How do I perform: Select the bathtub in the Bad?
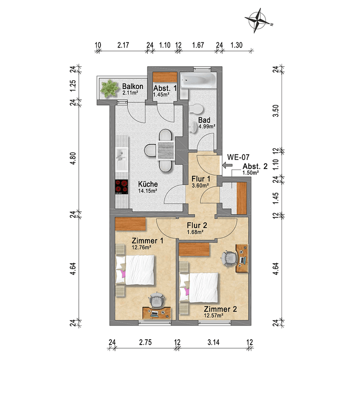point(198,80)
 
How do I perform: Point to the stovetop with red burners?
point(121,188)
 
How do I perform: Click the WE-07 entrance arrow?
point(226,166)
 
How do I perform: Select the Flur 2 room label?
point(197,225)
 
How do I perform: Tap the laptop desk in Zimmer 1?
point(157,313)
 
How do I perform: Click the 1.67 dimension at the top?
point(199,45)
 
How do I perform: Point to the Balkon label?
point(132,87)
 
